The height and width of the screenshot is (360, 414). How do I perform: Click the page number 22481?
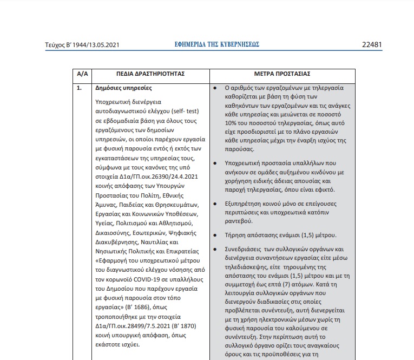(x=372, y=45)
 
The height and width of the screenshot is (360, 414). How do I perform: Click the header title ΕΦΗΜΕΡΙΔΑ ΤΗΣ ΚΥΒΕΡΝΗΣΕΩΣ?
(x=217, y=44)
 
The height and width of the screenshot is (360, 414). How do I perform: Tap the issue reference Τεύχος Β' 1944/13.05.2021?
(x=82, y=45)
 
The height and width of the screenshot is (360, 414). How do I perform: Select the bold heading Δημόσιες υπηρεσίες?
(x=123, y=88)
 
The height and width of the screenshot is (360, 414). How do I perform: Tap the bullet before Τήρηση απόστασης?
(x=215, y=235)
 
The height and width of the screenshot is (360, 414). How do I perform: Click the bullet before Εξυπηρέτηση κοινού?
(x=215, y=204)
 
